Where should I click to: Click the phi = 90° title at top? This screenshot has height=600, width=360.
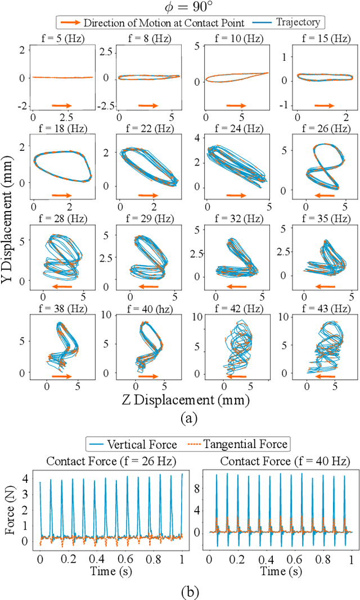point(180,8)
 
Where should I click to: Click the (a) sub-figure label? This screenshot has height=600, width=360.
point(186,417)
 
